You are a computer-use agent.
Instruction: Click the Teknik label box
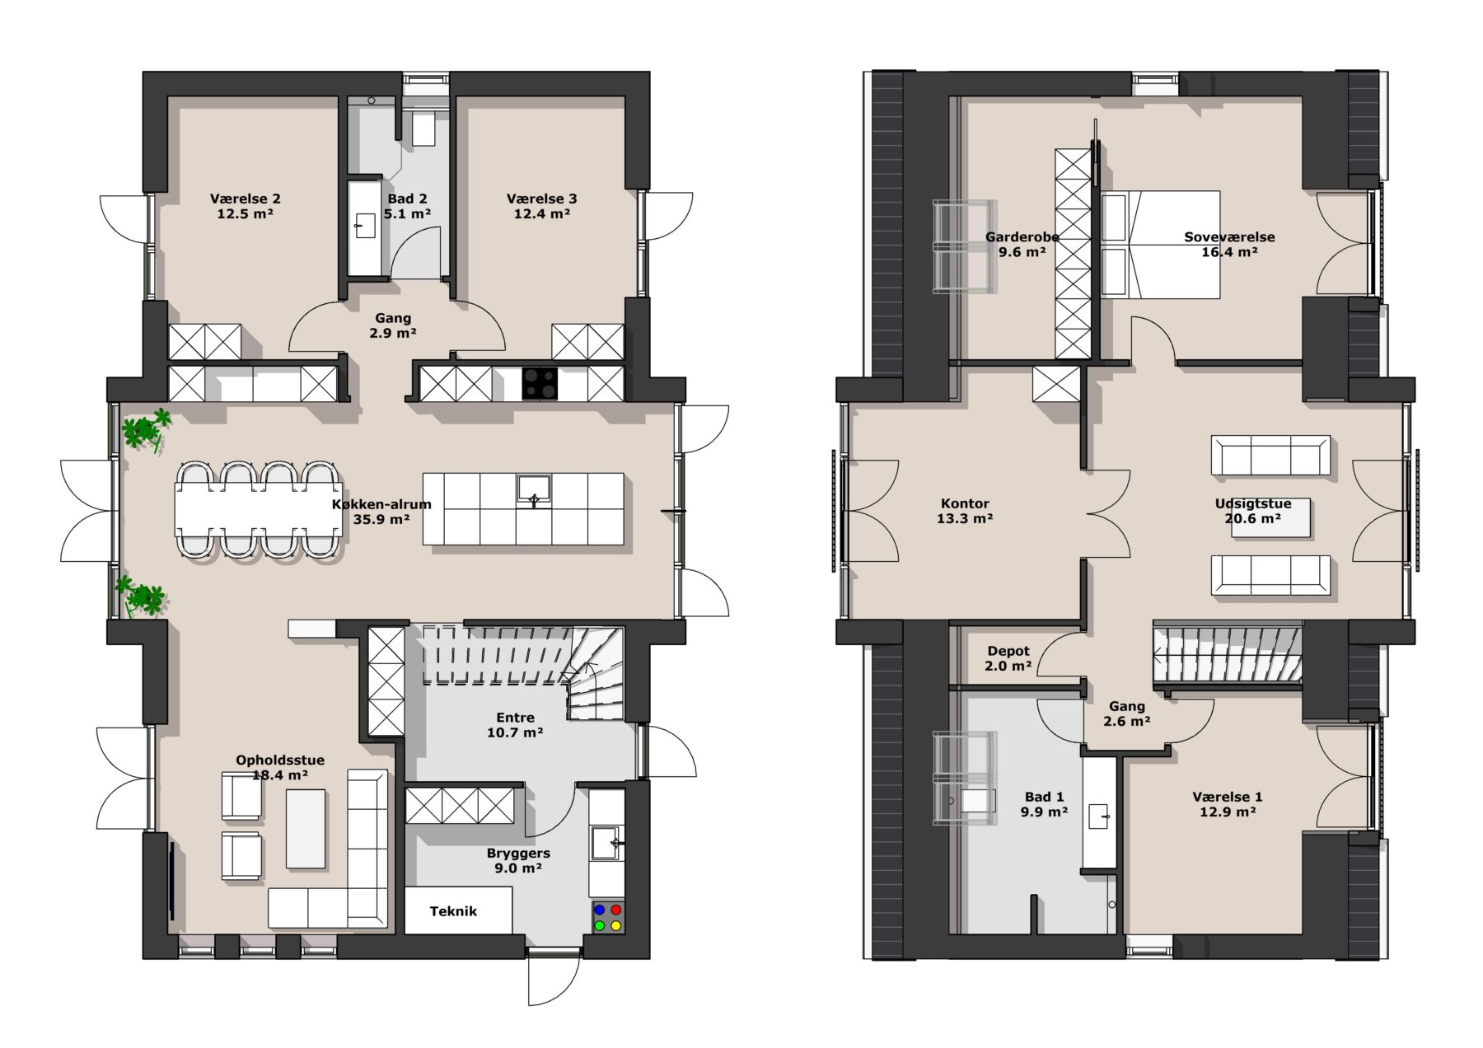click(x=458, y=910)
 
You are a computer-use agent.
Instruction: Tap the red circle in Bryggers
click(x=615, y=910)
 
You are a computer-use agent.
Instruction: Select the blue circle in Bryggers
click(x=600, y=910)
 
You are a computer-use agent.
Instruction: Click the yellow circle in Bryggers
click(x=615, y=926)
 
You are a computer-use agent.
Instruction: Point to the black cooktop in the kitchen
click(x=540, y=383)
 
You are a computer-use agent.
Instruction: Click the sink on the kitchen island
click(x=534, y=489)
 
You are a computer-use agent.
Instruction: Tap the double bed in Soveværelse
click(x=1160, y=245)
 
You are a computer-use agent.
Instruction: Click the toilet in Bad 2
click(x=423, y=128)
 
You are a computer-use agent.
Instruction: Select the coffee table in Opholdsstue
click(x=306, y=829)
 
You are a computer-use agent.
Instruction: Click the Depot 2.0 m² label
click(x=1008, y=658)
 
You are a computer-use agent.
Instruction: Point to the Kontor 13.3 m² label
click(x=965, y=511)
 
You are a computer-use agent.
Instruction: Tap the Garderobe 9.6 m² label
click(x=1022, y=245)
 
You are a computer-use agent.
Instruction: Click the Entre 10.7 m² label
click(x=515, y=725)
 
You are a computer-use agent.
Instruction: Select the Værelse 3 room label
click(x=541, y=199)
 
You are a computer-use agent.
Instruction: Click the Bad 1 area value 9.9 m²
click(x=1044, y=812)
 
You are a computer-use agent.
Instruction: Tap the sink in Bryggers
click(x=606, y=842)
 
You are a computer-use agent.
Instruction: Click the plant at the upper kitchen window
click(x=146, y=429)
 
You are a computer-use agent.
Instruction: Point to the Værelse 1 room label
click(x=1228, y=797)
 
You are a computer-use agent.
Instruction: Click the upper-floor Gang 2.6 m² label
click(x=1127, y=713)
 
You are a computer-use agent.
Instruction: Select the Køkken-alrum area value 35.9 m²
click(x=381, y=520)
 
